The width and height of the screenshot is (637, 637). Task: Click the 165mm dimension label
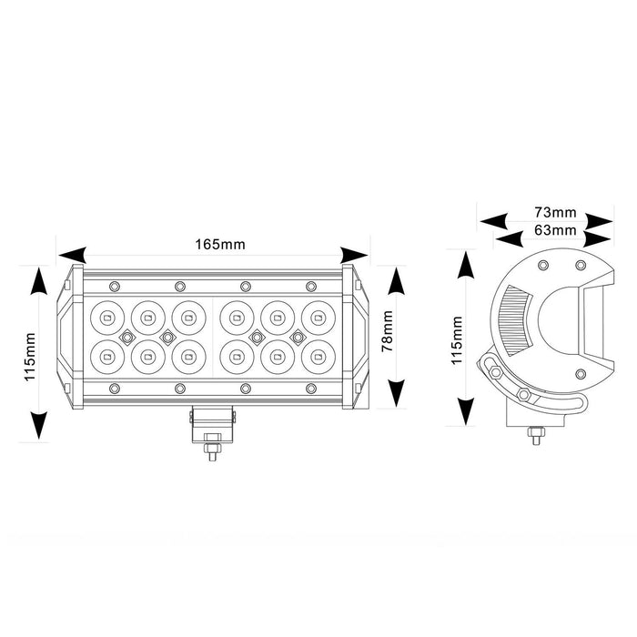tap(220, 245)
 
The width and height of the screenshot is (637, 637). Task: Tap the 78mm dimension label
tap(388, 331)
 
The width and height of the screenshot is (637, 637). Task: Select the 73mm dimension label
tap(555, 212)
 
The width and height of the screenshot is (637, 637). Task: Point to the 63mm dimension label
tap(555, 230)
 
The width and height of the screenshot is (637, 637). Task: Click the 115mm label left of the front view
tap(30, 357)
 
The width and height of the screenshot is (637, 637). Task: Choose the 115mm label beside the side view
tap(457, 340)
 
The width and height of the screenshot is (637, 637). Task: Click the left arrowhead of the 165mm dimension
tap(72, 255)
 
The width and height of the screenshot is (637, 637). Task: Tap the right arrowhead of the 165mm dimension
tap(354, 255)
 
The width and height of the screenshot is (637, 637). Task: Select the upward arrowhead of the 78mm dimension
tap(397, 280)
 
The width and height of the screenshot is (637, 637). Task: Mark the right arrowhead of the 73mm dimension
tap(599, 222)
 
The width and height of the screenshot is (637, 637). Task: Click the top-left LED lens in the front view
tap(107, 318)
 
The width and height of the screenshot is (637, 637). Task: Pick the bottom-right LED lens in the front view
tap(318, 357)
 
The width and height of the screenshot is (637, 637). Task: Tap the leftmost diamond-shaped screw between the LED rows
tap(127, 337)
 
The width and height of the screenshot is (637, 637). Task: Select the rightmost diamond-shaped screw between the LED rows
tap(298, 337)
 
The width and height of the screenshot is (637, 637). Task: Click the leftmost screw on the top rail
tap(115, 287)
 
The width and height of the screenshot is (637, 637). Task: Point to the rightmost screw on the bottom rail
tap(311, 389)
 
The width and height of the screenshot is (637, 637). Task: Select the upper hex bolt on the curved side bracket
tap(495, 371)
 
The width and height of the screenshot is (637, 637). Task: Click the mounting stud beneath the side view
tap(536, 436)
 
